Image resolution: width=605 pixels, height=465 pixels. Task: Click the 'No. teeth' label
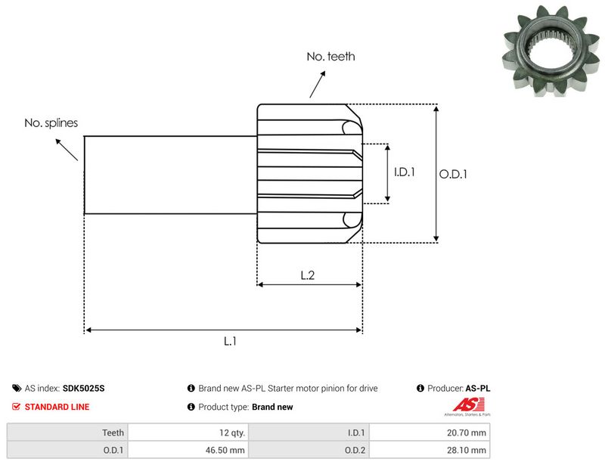coord(330,57)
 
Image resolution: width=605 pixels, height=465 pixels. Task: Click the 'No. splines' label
coord(51,123)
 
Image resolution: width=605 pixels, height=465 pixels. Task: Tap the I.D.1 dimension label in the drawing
coord(405,172)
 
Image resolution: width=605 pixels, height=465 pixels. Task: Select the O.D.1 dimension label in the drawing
coord(453,175)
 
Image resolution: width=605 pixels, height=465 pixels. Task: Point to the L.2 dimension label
coord(308,275)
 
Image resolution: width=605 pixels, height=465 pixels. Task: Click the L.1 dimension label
coord(230,341)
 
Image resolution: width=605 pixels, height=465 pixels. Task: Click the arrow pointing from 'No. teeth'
coord(317,84)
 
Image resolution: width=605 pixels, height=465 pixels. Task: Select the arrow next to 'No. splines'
coord(67,150)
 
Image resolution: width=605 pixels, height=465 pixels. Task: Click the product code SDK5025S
coord(83,388)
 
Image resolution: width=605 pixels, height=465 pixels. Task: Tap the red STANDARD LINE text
coord(57,407)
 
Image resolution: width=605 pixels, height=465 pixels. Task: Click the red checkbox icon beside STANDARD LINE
coord(16,406)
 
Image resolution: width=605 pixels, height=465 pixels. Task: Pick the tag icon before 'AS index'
coord(17,388)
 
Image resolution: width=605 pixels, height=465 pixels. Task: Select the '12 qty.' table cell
coord(188,432)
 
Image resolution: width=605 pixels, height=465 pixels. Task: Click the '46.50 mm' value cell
coord(188,450)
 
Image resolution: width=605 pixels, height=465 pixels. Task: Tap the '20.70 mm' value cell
coord(430,432)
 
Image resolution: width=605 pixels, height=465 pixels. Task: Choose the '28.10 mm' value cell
coord(430,450)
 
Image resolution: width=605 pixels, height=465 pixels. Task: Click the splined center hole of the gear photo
coord(551,48)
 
